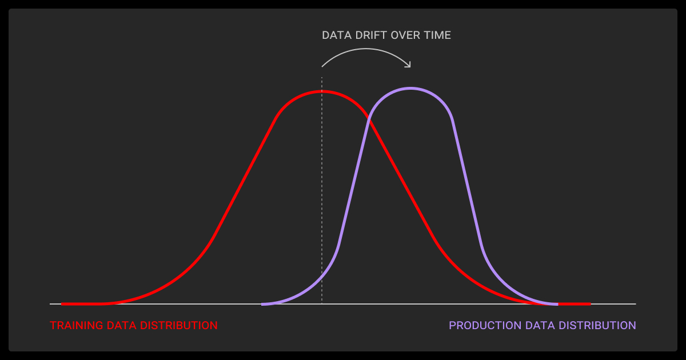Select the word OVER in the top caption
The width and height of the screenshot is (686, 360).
pyautogui.click(x=405, y=35)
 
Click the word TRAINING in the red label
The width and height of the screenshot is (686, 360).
pyautogui.click(x=77, y=325)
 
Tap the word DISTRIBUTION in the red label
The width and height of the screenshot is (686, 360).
pyautogui.click(x=178, y=325)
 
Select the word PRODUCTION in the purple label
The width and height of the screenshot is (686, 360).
pyautogui.click(x=485, y=325)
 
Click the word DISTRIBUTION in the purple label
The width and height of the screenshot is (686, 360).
pyautogui.click(x=597, y=325)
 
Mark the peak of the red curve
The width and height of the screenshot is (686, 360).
pyautogui.click(x=322, y=91)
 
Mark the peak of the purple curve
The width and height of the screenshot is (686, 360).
pyautogui.click(x=410, y=89)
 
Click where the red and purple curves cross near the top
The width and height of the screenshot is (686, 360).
pyautogui.click(x=370, y=119)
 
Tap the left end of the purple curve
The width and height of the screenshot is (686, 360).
pyautogui.click(x=262, y=304)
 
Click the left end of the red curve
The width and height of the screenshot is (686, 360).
pyautogui.click(x=62, y=304)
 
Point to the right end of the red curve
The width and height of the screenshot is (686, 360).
pyautogui.click(x=590, y=304)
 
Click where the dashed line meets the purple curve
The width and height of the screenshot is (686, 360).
pyautogui.click(x=322, y=277)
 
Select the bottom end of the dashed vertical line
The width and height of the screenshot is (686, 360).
pyautogui.click(x=322, y=303)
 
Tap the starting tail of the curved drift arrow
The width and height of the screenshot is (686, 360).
pyautogui.click(x=322, y=66)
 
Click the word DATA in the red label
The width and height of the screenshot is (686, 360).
pyautogui.click(x=122, y=325)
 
